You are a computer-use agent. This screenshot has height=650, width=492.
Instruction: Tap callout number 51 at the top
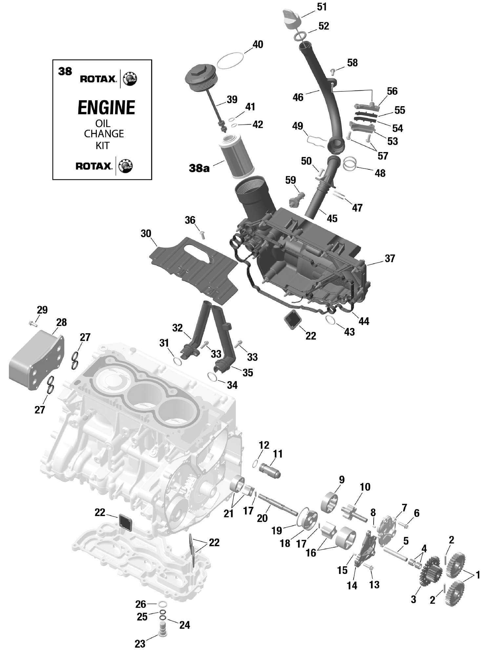coord(322,7)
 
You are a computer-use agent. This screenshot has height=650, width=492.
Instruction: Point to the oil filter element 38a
coord(236,157)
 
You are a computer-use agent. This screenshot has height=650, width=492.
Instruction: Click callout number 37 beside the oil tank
coord(390,258)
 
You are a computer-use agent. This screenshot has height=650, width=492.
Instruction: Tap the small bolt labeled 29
coord(32,324)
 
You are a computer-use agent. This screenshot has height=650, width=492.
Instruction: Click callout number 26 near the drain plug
coord(141,604)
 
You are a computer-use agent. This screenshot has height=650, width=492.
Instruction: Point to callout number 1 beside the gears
coord(478,575)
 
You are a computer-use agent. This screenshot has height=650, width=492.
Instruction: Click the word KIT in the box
coord(102,146)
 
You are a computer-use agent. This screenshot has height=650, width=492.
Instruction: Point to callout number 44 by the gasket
coord(363,321)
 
